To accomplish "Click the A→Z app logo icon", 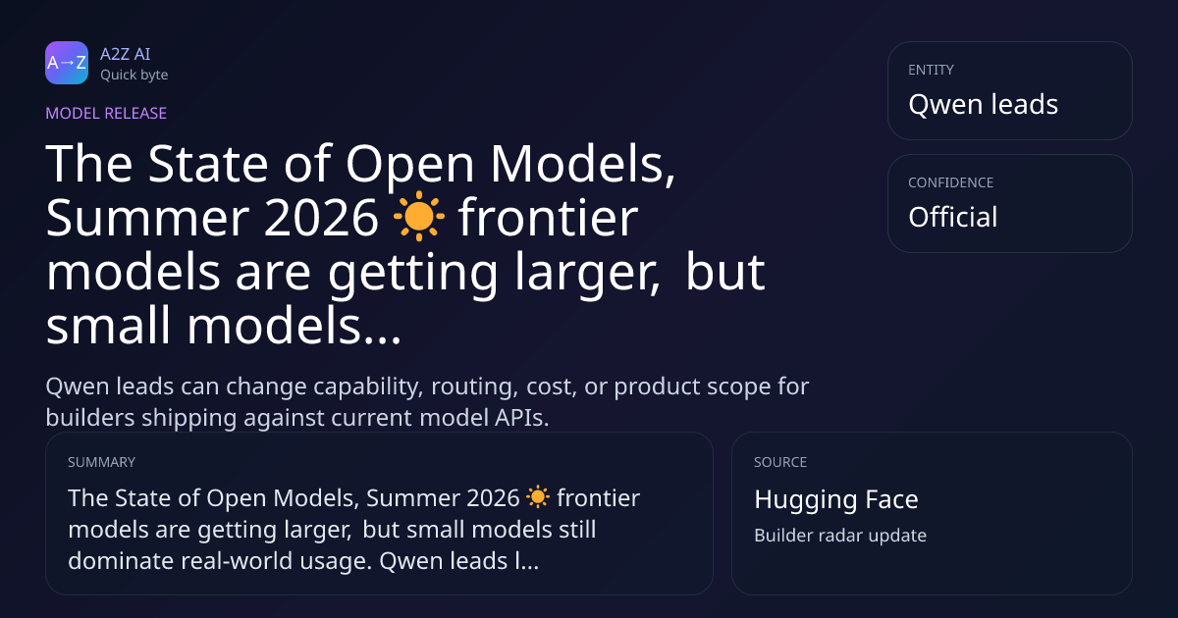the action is point(67,63).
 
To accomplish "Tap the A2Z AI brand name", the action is point(126,54).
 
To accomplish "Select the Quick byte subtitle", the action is point(134,76).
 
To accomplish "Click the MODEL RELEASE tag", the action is point(106,113).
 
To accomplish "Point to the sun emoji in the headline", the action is point(418,216).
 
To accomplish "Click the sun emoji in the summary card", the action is point(538,497).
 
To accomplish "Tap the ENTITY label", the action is point(931,70).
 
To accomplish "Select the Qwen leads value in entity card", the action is point(983,104).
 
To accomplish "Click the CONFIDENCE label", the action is point(951,182).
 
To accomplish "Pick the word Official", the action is point(953,217).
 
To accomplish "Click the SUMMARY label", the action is point(101,462).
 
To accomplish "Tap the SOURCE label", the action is point(780,462).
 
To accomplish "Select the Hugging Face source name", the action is point(836,499).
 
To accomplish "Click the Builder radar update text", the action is point(840,536).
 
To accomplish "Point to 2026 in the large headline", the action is point(321,218).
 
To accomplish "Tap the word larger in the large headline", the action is point(586,274).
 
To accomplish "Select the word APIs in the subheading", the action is point(521,418).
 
